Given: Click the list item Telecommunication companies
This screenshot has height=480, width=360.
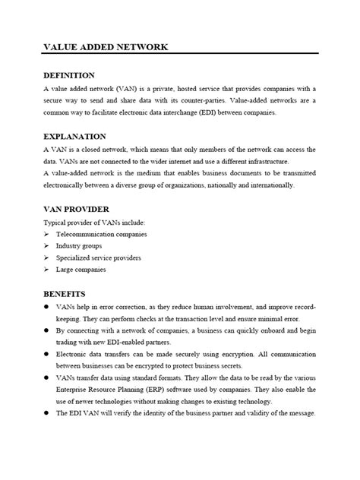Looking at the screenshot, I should [102, 234].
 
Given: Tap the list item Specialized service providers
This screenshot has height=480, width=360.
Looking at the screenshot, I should [98, 257].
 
